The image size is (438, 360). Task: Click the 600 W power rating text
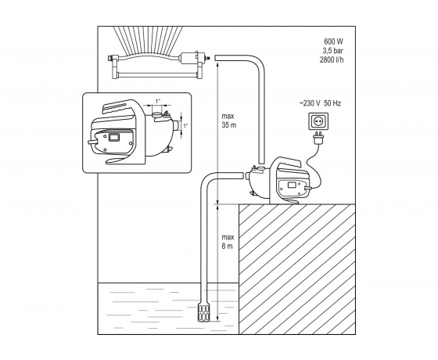(x=333, y=41)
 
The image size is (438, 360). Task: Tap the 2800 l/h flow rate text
(x=332, y=59)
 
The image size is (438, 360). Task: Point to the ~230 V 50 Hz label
(x=320, y=103)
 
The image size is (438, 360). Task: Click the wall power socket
(x=318, y=121)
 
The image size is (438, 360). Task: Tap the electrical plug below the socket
(x=318, y=138)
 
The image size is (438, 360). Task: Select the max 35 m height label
(x=228, y=121)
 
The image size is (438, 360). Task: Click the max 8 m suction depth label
(x=228, y=242)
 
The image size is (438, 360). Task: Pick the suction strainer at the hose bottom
(x=203, y=311)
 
